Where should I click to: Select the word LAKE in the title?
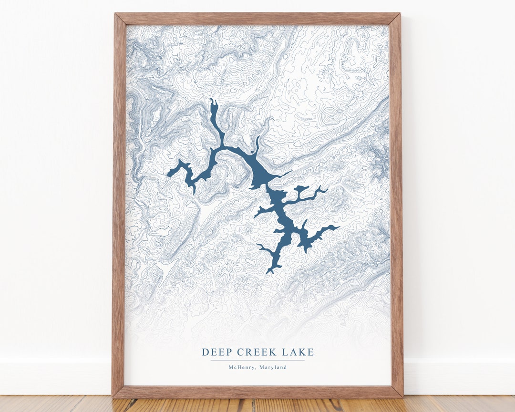pyautogui.click(x=299, y=352)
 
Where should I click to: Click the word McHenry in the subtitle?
pyautogui.click(x=240, y=367)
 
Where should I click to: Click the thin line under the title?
pyautogui.click(x=257, y=360)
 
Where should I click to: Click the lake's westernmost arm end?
pyautogui.click(x=168, y=175)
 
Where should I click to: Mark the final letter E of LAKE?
pyautogui.click(x=311, y=352)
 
